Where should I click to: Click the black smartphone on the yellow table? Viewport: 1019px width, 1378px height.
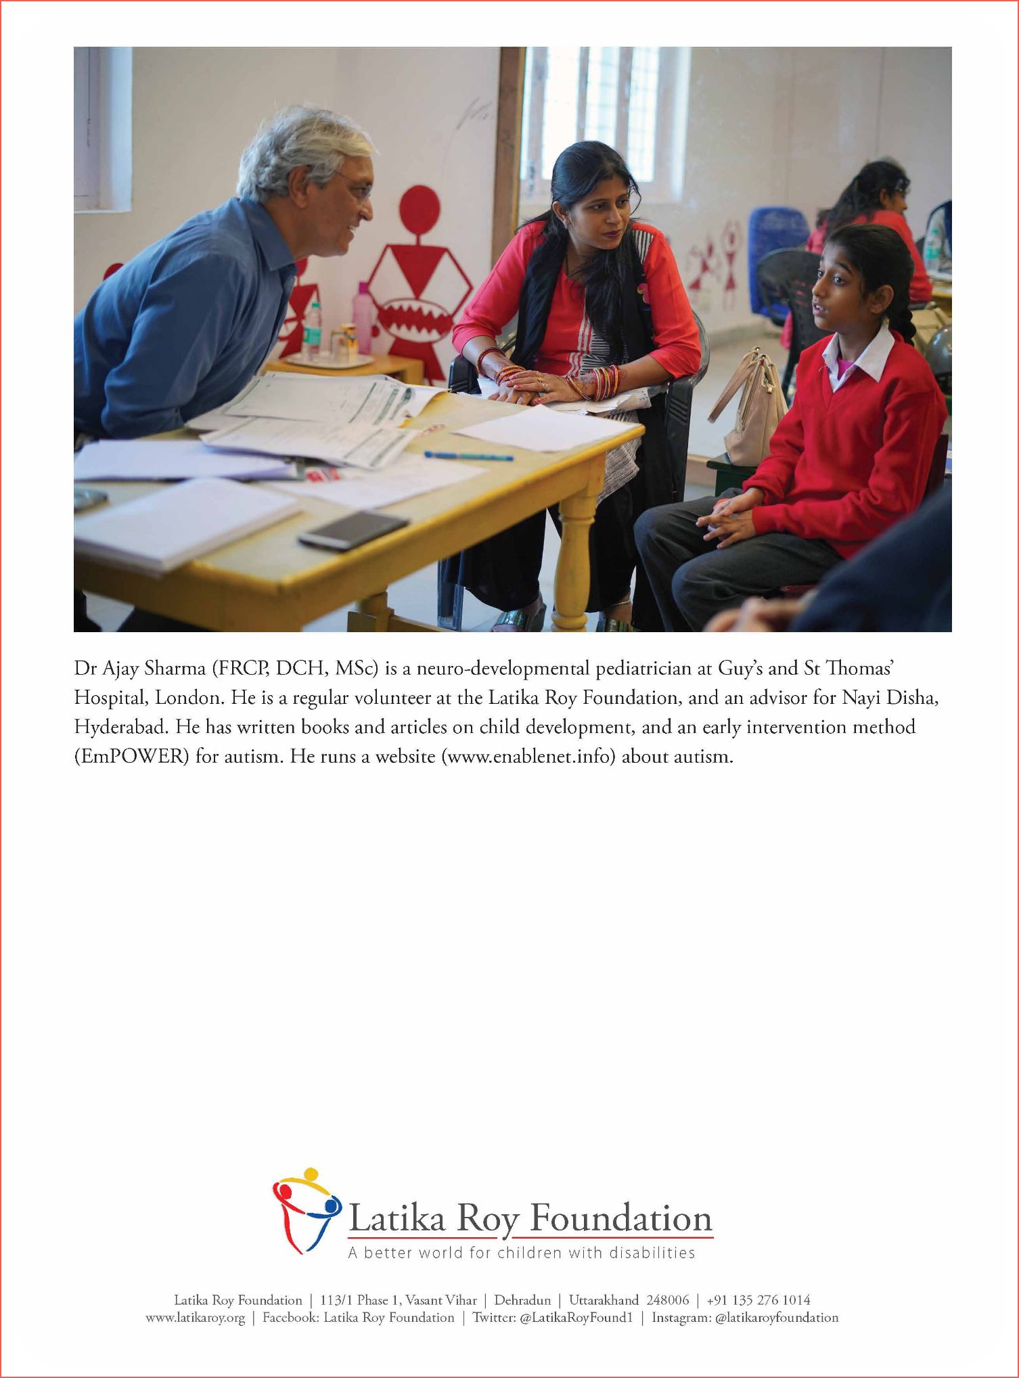point(354,529)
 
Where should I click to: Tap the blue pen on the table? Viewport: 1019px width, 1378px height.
point(468,456)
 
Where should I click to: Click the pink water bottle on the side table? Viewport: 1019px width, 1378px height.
point(363,317)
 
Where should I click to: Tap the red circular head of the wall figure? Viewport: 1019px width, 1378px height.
point(420,210)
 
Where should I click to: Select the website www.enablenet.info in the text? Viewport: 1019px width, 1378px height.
point(528,756)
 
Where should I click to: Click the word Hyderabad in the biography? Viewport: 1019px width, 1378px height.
point(120,727)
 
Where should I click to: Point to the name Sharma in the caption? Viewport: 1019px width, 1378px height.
point(175,669)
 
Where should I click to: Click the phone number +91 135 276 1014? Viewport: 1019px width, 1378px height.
point(758,1299)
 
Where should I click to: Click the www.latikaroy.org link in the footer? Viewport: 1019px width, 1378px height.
point(195,1317)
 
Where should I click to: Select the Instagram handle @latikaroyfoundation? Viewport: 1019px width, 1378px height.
point(776,1317)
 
